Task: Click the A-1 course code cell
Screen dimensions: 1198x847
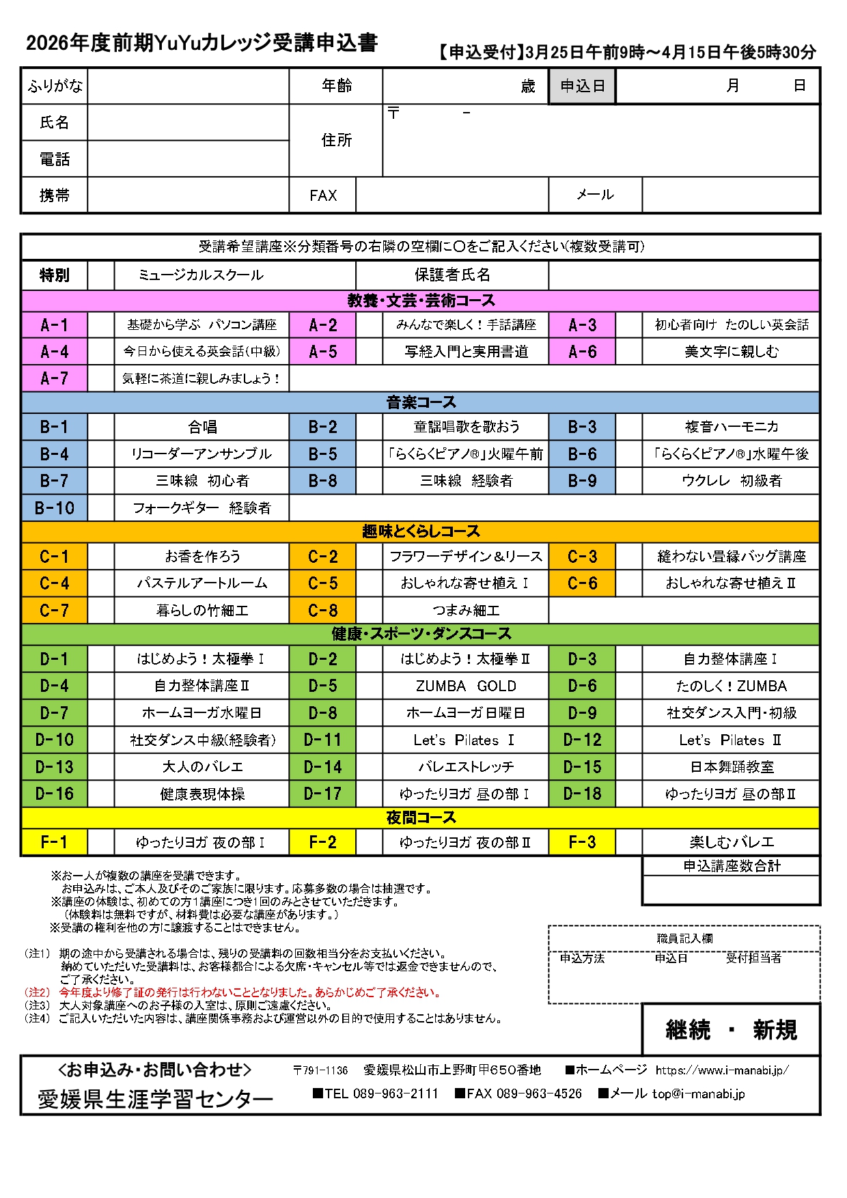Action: (54, 325)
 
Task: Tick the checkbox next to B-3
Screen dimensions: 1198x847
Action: (628, 427)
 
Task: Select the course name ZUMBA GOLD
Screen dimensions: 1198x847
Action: (466, 686)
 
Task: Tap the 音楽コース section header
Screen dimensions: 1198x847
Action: (420, 402)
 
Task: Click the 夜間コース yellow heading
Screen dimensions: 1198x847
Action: (420, 818)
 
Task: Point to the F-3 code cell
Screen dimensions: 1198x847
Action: (582, 842)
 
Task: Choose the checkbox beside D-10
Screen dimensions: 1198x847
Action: (101, 740)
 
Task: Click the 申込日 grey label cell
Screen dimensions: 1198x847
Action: (582, 86)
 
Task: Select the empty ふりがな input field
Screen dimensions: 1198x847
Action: (188, 86)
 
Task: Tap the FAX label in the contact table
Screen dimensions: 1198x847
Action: (323, 196)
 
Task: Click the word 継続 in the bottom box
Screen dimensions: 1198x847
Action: (688, 1030)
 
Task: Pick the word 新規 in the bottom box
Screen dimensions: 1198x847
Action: (775, 1030)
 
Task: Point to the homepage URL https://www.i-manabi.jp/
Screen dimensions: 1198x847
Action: (722, 1070)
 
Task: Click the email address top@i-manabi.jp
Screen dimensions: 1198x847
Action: (698, 1093)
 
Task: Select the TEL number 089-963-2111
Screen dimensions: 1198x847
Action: (395, 1093)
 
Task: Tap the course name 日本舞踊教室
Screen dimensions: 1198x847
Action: (732, 767)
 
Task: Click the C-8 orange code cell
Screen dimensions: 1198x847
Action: (323, 611)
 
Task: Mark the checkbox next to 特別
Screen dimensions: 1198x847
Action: (101, 275)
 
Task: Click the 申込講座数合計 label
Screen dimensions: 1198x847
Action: (732, 866)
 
